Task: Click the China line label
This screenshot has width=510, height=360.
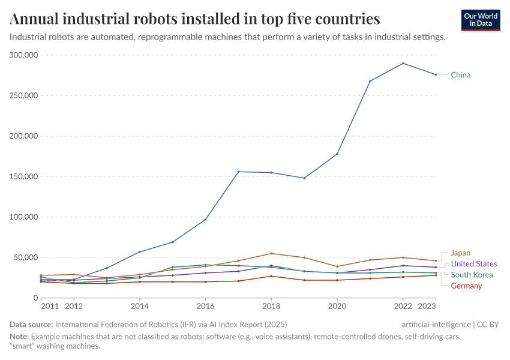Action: click(x=460, y=75)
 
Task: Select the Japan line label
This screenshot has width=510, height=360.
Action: click(x=460, y=253)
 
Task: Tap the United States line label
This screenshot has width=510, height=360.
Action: click(x=473, y=264)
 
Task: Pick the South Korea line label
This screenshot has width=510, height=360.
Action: click(x=471, y=275)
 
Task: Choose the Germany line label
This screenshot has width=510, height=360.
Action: click(x=466, y=286)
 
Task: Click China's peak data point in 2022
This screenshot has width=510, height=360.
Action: click(x=403, y=63)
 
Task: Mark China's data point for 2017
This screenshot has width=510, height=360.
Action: click(x=238, y=172)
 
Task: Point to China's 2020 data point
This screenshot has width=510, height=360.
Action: click(x=337, y=154)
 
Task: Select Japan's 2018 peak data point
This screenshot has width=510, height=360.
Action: click(x=271, y=253)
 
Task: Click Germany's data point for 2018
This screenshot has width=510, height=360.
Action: click(x=271, y=276)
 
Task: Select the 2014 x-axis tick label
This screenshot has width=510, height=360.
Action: click(x=139, y=305)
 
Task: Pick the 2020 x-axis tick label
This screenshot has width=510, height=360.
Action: click(x=337, y=305)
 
